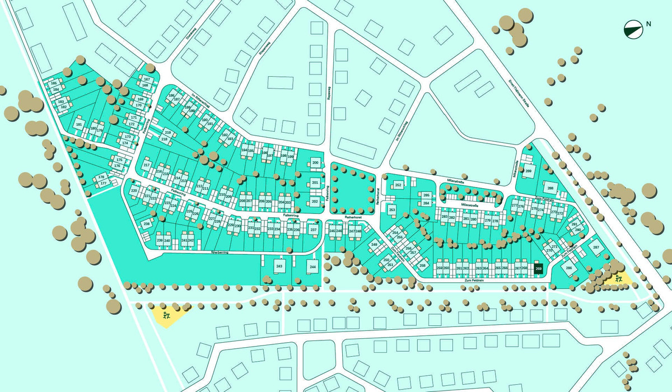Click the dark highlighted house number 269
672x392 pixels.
[539, 268]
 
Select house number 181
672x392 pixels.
[79, 124]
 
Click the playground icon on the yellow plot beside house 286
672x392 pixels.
[618, 278]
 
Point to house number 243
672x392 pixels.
[279, 267]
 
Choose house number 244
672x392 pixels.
[312, 267]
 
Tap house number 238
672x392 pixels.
[147, 224]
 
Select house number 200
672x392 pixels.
[315, 163]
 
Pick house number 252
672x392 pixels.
[398, 185]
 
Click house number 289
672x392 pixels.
[528, 171]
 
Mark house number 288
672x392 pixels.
[550, 188]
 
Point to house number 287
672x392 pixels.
[596, 247]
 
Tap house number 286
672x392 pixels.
[569, 268]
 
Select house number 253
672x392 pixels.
[392, 210]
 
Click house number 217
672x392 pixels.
[147, 165]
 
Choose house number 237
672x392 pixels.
[314, 230]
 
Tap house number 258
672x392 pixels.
[423, 265]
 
